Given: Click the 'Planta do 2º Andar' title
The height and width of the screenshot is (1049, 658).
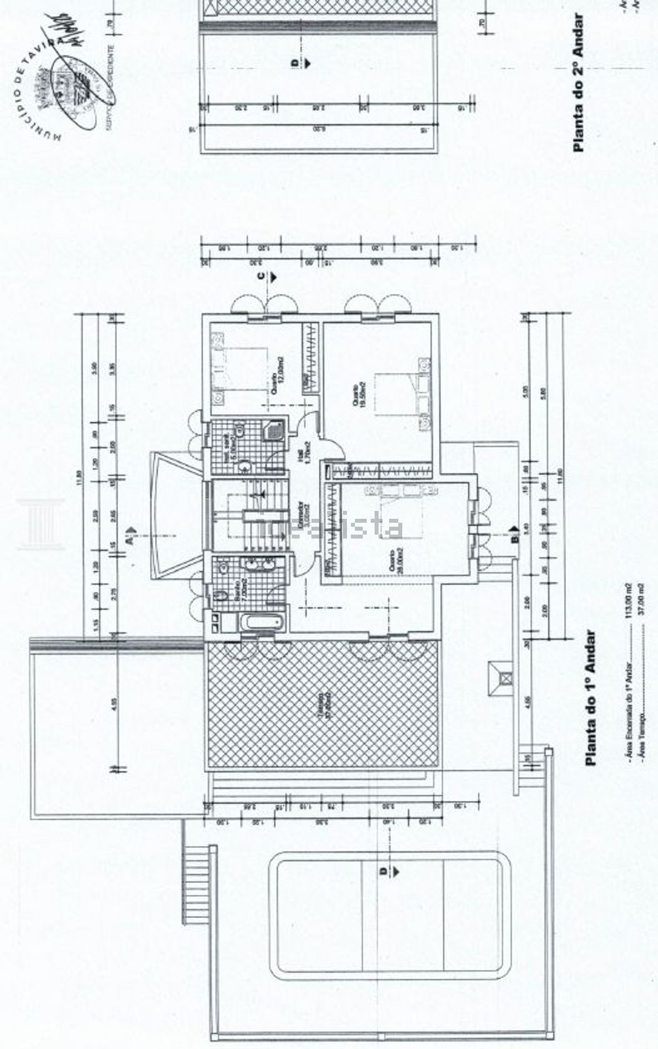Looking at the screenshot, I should pos(579,83).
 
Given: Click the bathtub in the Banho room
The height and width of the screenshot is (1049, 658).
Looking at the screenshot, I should pos(262,621).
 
